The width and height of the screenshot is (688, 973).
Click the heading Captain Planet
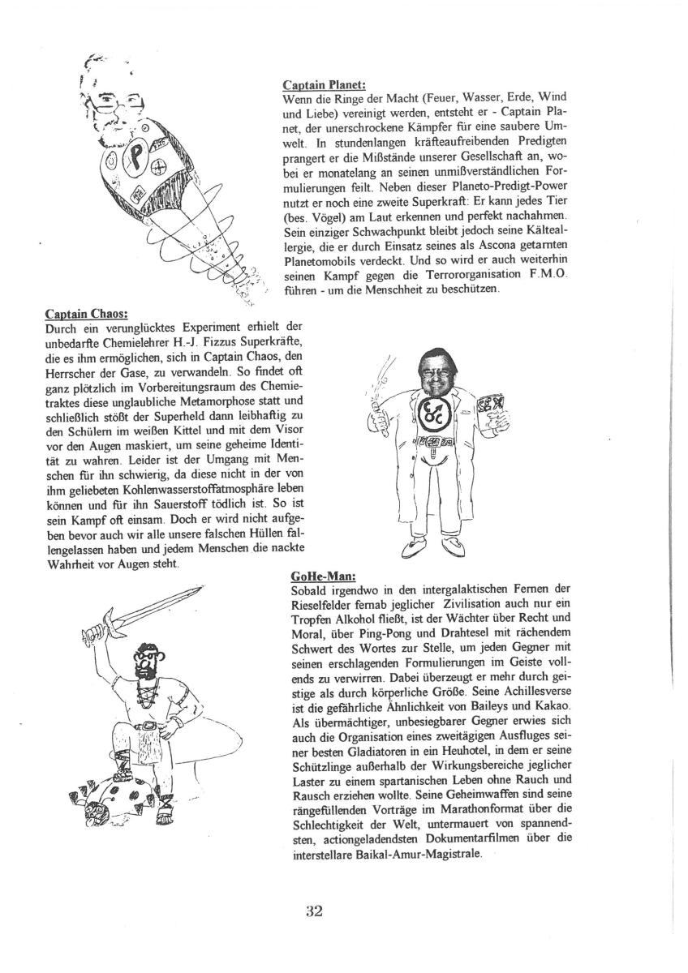(324, 84)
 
